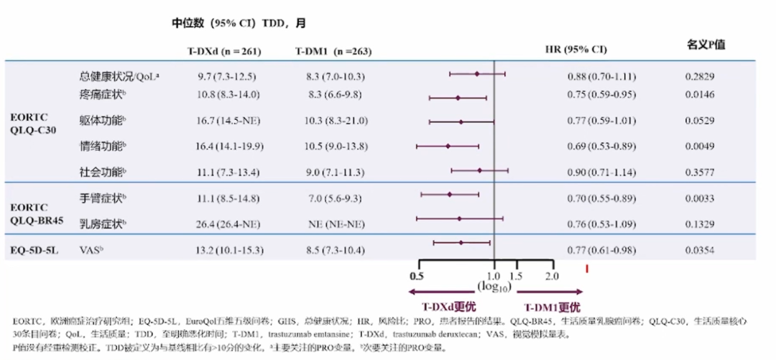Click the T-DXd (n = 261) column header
pos(223,52)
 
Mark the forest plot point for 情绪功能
pos(448,146)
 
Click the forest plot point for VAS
pos(461,243)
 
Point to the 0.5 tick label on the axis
pos(415,276)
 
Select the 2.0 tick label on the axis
pos(552,276)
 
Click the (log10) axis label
pos(494,287)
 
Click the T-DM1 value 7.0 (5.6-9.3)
pos(336,196)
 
